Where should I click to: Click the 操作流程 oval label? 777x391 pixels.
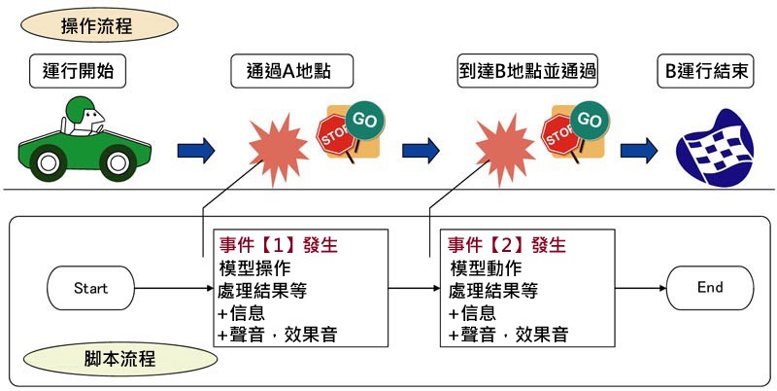click(99, 25)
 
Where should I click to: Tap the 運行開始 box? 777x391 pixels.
click(78, 71)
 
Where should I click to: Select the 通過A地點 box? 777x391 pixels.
click(292, 71)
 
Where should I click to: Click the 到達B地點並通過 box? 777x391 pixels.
click(527, 71)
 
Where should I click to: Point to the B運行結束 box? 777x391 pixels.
click(706, 71)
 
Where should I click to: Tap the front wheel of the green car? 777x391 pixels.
click(118, 162)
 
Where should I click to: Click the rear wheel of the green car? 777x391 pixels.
click(48, 163)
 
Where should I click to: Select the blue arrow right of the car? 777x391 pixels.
click(196, 151)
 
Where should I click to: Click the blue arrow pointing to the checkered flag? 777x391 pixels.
click(639, 151)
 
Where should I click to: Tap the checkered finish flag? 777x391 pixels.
click(716, 148)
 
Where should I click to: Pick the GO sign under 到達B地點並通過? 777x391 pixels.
click(590, 120)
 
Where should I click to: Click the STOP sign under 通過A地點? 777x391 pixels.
click(335, 135)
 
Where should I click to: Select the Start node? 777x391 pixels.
click(90, 288)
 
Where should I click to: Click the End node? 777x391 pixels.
click(710, 288)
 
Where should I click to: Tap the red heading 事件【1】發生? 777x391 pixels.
click(279, 245)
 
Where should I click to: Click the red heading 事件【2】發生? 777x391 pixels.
click(507, 245)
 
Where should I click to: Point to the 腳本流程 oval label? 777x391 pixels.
click(119, 359)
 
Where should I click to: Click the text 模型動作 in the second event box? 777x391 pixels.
click(487, 268)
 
